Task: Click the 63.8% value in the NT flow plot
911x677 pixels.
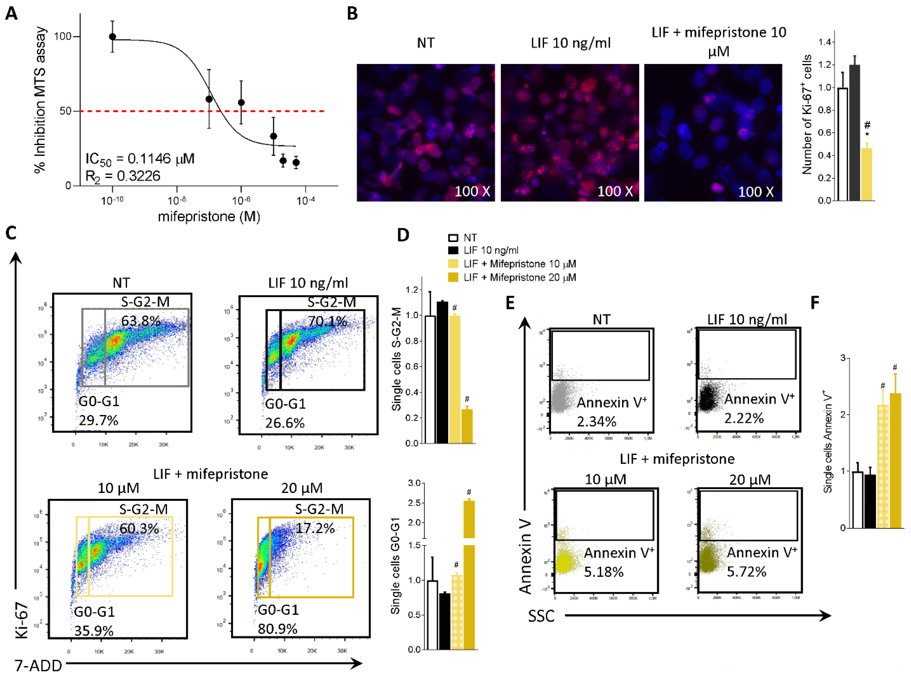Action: (141, 320)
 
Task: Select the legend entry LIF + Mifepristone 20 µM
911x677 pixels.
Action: (520, 277)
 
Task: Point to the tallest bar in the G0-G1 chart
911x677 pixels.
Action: (469, 574)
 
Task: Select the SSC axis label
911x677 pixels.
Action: (541, 616)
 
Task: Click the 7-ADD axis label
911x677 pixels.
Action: (38, 666)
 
